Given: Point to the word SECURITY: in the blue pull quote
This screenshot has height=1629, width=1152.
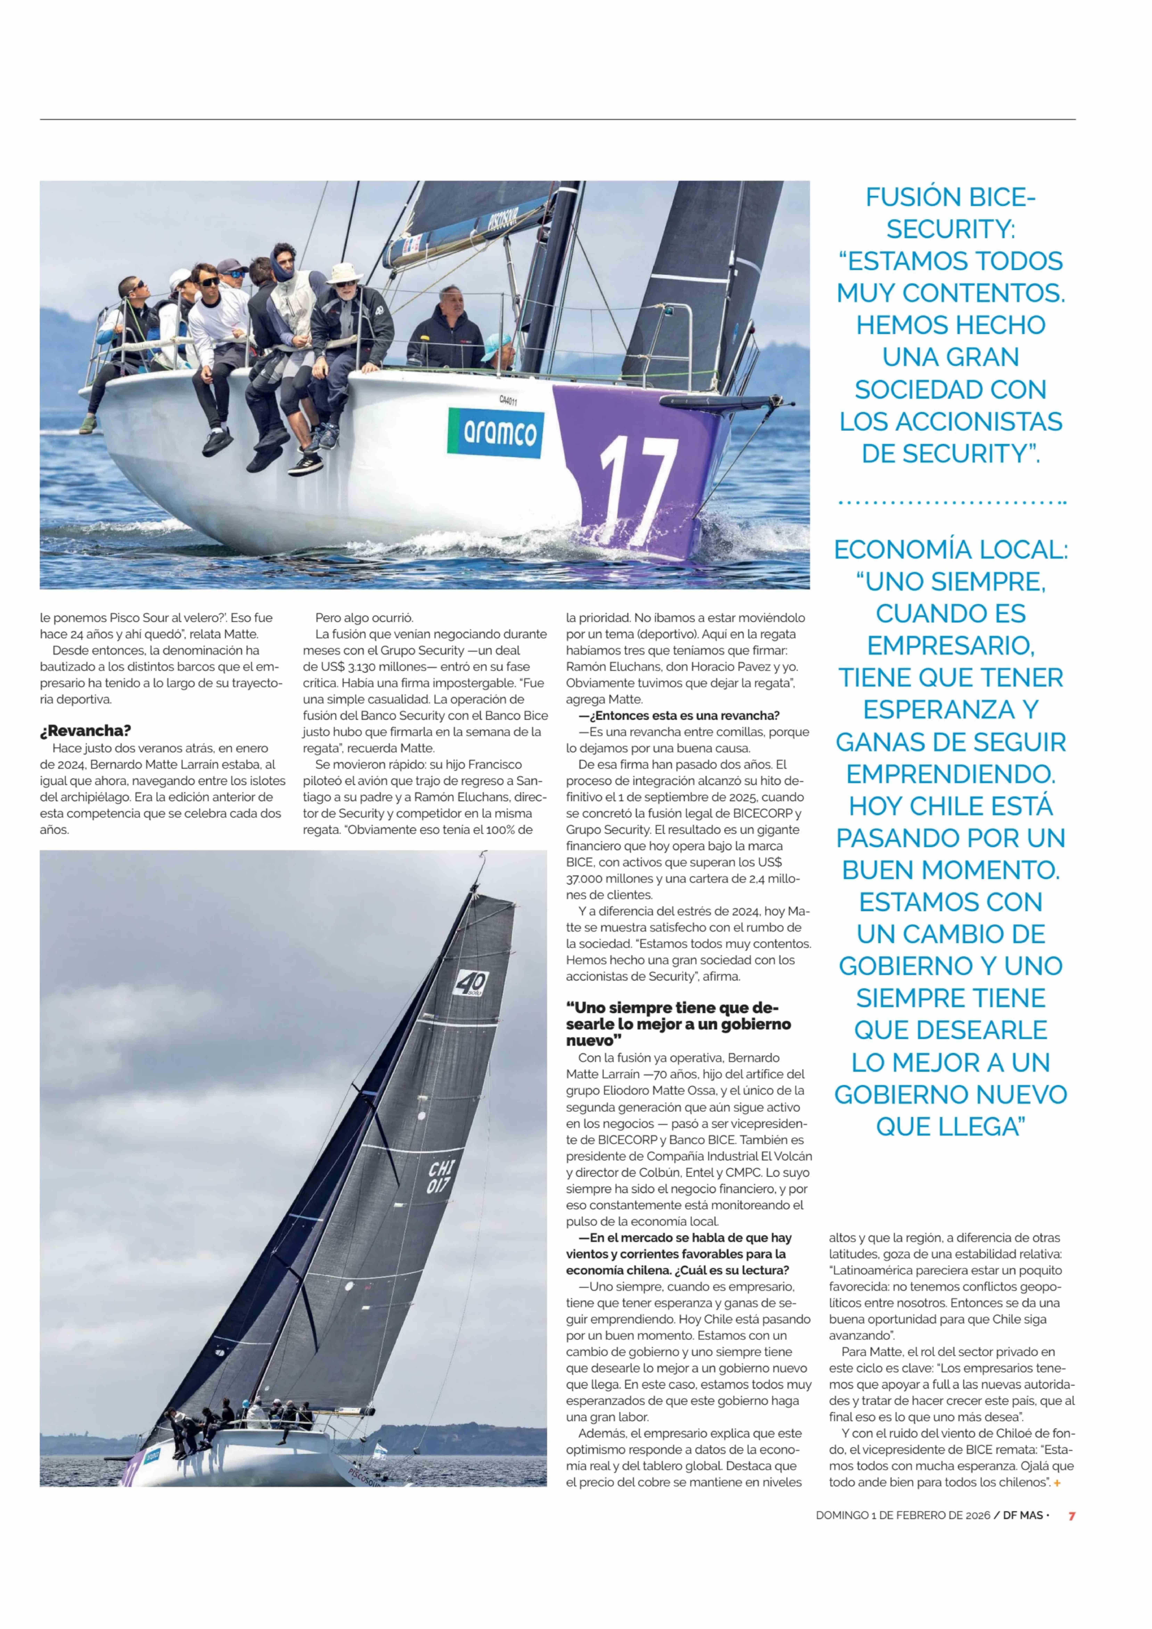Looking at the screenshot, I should [950, 229].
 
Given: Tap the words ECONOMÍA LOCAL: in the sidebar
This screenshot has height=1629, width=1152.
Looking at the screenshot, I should [950, 549].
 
